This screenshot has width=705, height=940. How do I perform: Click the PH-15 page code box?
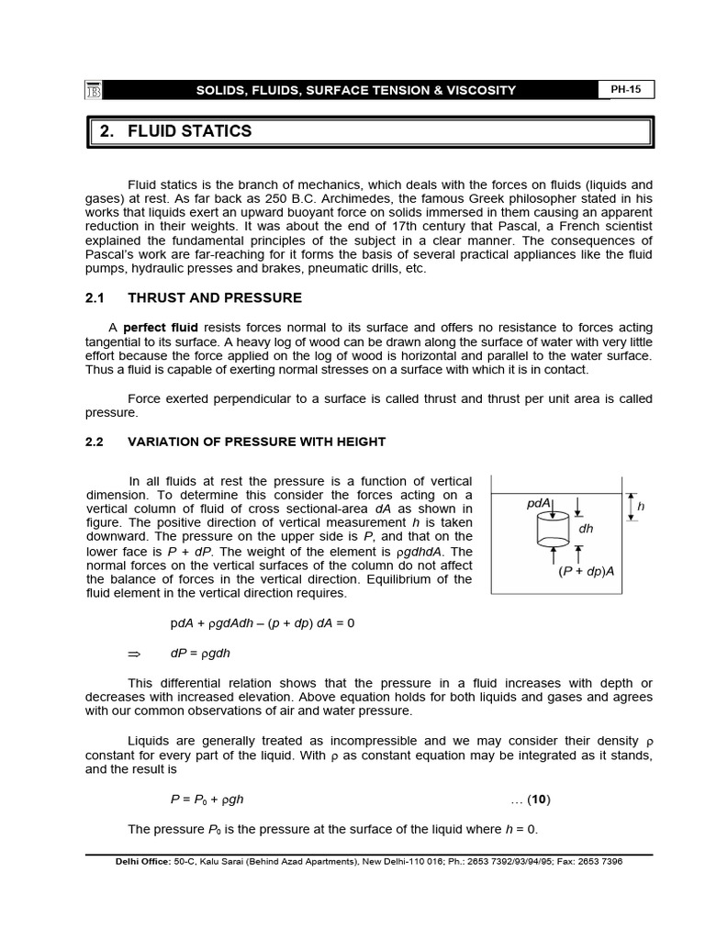(x=626, y=89)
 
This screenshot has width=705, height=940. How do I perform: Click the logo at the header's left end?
(x=92, y=90)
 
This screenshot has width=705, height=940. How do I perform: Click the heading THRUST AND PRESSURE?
(x=215, y=297)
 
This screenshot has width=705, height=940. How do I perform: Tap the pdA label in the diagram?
(x=539, y=503)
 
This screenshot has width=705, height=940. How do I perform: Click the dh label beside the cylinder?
(x=586, y=528)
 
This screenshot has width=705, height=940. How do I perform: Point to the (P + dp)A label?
(x=586, y=571)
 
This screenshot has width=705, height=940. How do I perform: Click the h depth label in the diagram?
(x=641, y=506)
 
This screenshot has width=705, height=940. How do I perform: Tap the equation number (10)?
(x=532, y=800)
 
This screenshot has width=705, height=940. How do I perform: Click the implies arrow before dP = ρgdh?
(x=132, y=653)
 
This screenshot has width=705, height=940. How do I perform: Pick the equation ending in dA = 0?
(x=262, y=623)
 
